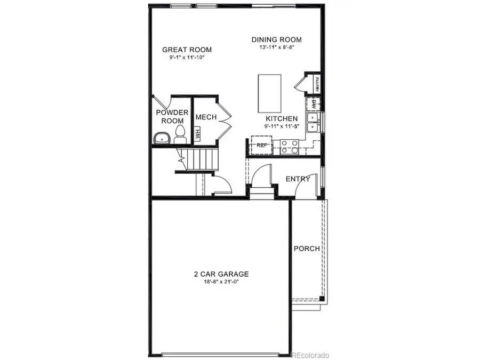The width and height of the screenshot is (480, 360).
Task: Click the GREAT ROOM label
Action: tap(183, 50)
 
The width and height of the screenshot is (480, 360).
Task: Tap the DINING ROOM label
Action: tap(277, 39)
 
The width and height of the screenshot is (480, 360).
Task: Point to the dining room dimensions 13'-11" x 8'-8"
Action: tap(277, 47)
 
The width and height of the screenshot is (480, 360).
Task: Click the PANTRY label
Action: tap(317, 84)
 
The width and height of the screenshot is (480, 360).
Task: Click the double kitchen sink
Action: tap(314, 122)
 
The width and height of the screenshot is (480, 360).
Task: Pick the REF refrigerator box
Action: tap(261, 145)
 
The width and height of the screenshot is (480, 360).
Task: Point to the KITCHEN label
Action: tap(282, 118)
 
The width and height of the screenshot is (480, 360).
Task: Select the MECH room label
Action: tap(205, 117)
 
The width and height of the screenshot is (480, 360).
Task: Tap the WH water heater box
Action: tap(197, 134)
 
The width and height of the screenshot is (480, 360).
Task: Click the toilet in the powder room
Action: tap(180, 135)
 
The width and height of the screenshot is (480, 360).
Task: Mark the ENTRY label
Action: tap(298, 179)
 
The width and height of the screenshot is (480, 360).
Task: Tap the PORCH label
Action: tap(307, 249)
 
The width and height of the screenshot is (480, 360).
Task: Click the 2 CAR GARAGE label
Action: tap(221, 274)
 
